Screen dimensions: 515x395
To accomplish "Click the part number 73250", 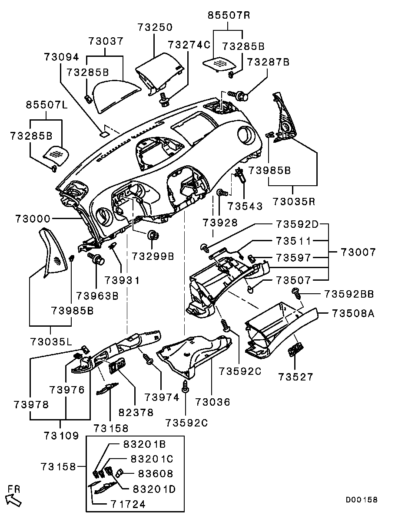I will click(x=155, y=27).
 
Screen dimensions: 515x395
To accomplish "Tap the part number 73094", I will click(x=61, y=57).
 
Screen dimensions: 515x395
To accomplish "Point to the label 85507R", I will click(x=229, y=16).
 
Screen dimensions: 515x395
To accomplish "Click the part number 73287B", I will click(x=268, y=62).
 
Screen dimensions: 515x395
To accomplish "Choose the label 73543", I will click(x=246, y=206).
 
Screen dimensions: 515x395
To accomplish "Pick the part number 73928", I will click(x=220, y=223).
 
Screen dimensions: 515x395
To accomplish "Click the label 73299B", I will click(x=153, y=257).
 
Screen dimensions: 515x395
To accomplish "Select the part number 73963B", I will click(x=97, y=296).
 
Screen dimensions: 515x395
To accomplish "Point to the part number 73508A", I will click(x=353, y=313).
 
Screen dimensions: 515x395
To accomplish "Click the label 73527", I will click(x=295, y=377).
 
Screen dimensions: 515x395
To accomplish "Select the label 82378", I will click(x=136, y=412).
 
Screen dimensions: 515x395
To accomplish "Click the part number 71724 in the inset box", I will click(x=127, y=504).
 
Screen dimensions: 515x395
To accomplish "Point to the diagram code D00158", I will click(x=362, y=500).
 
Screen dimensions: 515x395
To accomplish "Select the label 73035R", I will click(x=294, y=202).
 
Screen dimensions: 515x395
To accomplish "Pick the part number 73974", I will click(x=162, y=397).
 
